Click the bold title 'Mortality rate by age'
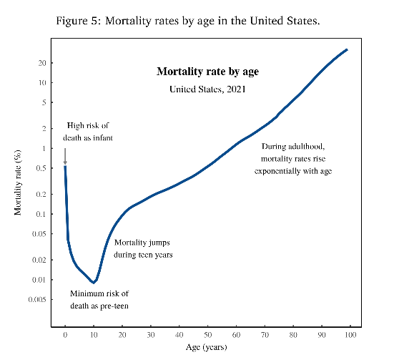[207, 72]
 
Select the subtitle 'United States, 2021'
[207, 89]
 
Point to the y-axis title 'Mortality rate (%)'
[18, 183]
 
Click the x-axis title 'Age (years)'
[207, 347]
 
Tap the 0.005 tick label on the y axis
[37, 299]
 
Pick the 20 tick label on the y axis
[42, 63]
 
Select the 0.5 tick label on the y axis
[41, 168]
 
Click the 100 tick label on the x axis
[350, 335]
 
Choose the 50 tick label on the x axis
[207, 335]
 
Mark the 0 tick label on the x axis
[65, 335]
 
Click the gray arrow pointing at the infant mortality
[65, 157]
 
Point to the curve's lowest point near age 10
[94, 283]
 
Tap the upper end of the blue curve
[347, 50]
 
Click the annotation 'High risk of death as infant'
[88, 132]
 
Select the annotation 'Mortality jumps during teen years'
[143, 248]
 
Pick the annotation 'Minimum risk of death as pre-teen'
[99, 300]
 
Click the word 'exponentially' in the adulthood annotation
[277, 171]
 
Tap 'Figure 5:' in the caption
[79, 21]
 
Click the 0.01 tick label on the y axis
[39, 280]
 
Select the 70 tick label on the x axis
[265, 335]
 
